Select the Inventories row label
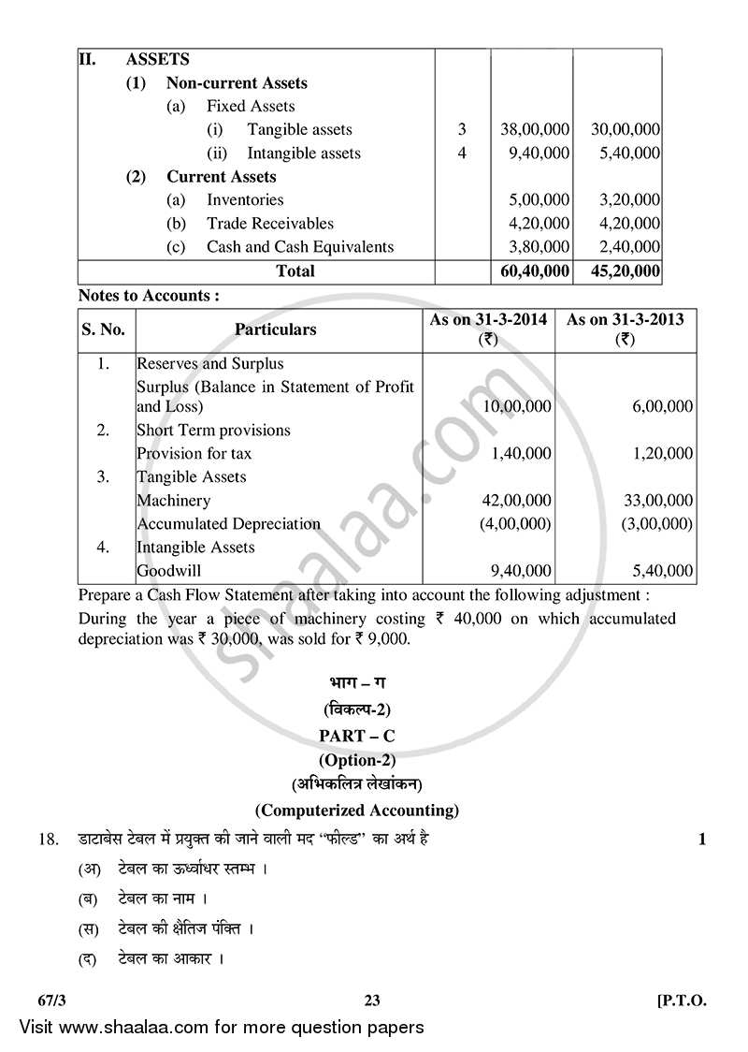(245, 199)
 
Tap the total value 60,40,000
(531, 271)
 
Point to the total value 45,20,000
(617, 271)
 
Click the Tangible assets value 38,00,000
(531, 129)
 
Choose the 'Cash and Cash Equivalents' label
(299, 247)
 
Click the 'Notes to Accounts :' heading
(149, 296)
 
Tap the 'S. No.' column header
(106, 329)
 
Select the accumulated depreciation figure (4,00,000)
(515, 524)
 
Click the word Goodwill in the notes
(169, 571)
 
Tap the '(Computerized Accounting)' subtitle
(358, 810)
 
